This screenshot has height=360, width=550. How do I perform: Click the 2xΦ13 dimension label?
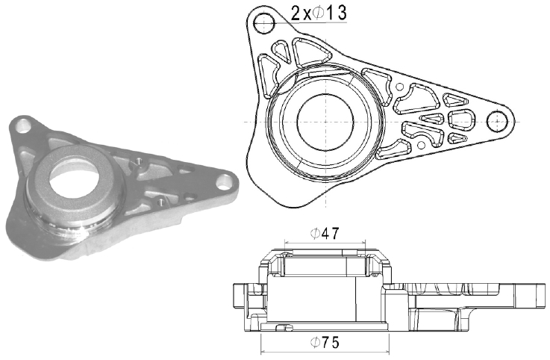(x=319, y=13)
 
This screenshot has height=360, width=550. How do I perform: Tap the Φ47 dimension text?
(x=325, y=233)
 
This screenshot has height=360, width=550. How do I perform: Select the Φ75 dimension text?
(x=325, y=342)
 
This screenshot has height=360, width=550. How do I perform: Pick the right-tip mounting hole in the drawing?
(x=497, y=122)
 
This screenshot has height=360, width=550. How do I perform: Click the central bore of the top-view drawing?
(x=325, y=121)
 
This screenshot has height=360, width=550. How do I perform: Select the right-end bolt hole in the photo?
(x=222, y=182)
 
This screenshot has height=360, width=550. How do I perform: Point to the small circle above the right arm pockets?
(x=399, y=87)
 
